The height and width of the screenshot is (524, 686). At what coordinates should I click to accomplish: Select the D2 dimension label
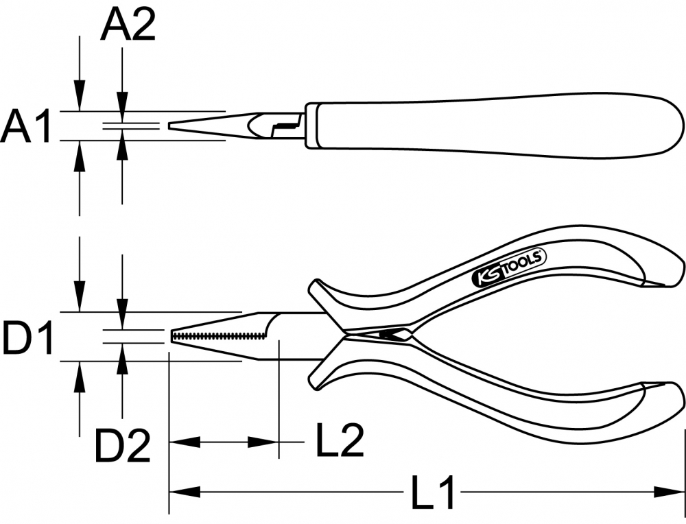coord(123,446)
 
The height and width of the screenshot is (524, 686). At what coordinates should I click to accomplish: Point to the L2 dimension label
coord(340,440)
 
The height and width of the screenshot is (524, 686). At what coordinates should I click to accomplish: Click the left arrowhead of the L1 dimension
coord(184,492)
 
